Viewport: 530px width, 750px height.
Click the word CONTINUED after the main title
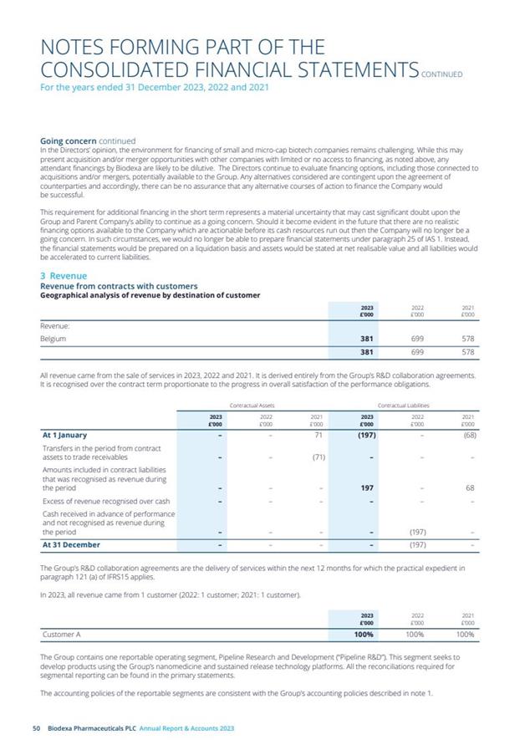442,74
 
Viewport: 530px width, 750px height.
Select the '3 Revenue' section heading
64,276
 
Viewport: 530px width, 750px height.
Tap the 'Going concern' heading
68,141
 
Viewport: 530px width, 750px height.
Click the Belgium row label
54,339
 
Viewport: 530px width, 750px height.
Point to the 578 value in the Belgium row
468,339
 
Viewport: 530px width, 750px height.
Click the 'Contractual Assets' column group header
253,405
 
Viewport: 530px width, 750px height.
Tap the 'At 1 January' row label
64,435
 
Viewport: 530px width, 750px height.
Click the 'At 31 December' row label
71,545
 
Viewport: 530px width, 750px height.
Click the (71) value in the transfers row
318,457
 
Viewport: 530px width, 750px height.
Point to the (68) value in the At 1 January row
469,435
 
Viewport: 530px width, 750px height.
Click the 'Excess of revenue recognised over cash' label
106,502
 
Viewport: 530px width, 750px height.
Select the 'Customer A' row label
61,635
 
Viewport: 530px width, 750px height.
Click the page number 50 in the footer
36,729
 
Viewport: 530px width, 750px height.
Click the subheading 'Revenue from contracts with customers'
119,286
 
